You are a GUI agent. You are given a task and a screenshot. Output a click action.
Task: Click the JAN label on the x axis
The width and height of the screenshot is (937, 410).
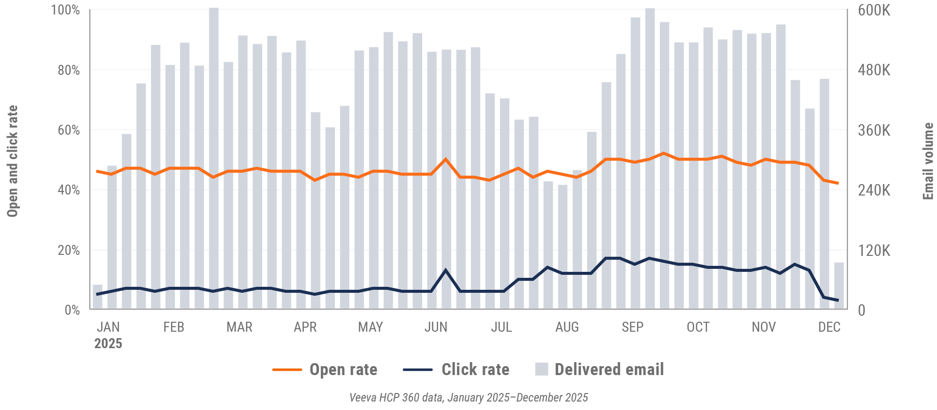(x=108, y=327)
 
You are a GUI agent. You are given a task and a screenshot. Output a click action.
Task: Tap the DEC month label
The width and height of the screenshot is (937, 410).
(x=829, y=327)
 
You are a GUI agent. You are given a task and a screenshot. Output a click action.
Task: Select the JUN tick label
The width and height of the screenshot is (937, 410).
(x=436, y=327)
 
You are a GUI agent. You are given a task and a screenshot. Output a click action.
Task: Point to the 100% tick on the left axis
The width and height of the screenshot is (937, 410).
(x=65, y=10)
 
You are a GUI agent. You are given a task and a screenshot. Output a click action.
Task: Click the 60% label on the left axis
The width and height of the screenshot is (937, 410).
(x=68, y=130)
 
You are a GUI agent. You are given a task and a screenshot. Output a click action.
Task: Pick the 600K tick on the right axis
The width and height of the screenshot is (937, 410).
(x=874, y=10)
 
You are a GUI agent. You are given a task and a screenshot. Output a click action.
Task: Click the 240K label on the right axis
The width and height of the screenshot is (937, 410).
(x=874, y=190)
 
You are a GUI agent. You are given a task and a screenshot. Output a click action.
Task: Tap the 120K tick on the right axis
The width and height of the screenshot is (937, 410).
(x=874, y=250)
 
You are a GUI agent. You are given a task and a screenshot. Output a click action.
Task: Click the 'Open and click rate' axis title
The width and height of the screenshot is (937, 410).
(x=12, y=161)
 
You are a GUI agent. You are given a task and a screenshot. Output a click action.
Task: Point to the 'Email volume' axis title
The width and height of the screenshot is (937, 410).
(x=928, y=161)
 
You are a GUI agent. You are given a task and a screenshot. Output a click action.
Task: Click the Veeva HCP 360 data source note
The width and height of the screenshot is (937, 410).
(x=468, y=398)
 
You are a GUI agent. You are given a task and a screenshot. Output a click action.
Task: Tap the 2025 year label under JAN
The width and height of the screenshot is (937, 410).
(x=108, y=344)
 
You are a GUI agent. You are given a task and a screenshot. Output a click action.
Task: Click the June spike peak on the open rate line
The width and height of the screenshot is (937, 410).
(x=446, y=159)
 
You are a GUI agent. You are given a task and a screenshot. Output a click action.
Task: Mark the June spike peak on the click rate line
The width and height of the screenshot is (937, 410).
(x=446, y=270)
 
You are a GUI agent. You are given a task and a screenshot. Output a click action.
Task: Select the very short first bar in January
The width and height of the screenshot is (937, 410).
(x=97, y=297)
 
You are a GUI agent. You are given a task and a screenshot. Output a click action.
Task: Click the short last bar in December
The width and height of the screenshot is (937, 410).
(x=839, y=286)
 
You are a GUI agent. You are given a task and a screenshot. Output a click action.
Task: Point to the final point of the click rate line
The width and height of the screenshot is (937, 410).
(x=838, y=300)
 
